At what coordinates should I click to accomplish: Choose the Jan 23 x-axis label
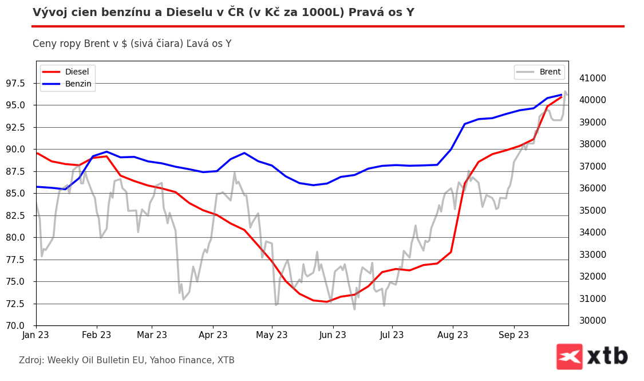(36, 335)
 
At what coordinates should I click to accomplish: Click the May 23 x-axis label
(272, 335)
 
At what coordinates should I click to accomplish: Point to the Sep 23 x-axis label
(513, 335)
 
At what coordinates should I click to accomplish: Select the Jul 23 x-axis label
(392, 335)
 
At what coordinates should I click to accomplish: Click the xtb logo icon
(569, 356)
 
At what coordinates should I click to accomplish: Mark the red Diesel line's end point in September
(562, 96)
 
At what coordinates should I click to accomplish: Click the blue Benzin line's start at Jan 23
(37, 187)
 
